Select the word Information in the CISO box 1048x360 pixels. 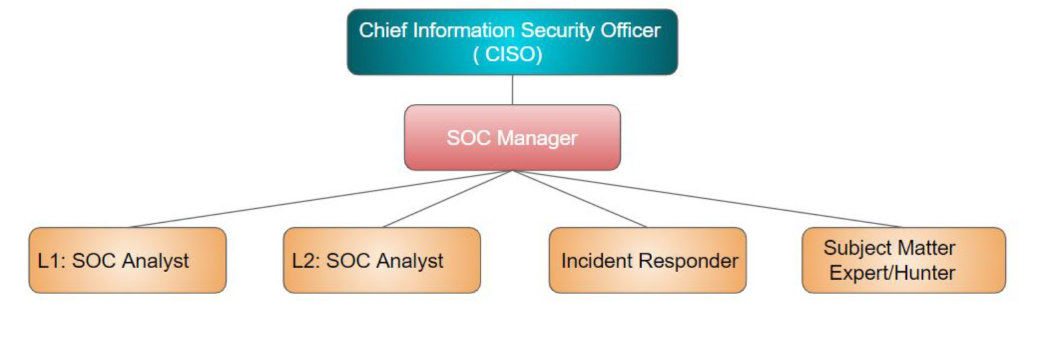coord(464,31)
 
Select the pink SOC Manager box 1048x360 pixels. coord(512,138)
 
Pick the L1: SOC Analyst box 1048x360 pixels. coord(127,260)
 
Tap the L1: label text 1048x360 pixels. coord(52,261)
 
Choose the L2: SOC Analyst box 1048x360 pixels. coord(382,260)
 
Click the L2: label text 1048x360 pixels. coord(306,261)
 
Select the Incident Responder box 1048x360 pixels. coord(647,260)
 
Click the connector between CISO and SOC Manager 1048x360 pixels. coord(512,90)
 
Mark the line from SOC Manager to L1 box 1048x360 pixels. coord(321,199)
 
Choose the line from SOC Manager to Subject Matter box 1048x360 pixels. coord(707,199)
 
